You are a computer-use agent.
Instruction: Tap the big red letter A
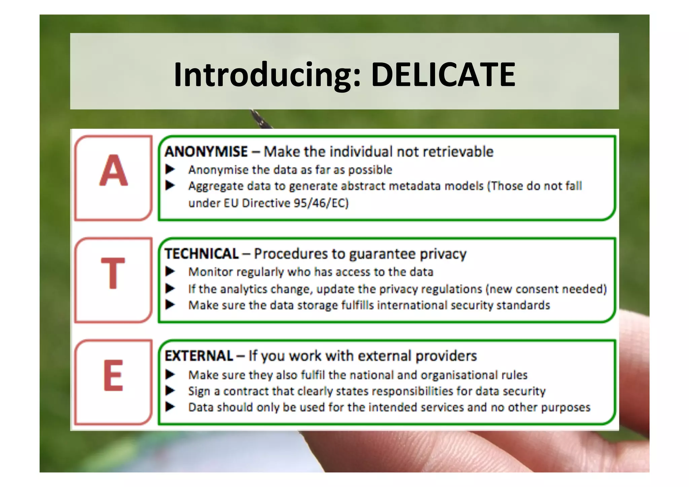point(113,171)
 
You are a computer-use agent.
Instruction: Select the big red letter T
point(113,273)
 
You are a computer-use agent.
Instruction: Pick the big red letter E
point(113,375)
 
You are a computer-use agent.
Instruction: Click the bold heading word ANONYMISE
point(206,152)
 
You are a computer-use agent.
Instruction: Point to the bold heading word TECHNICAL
point(202,254)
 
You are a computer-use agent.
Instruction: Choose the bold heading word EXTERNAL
point(199,356)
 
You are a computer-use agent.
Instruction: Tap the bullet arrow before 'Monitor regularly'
point(170,271)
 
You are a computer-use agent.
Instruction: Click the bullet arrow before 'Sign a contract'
point(170,391)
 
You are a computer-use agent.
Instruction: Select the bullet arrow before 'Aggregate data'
point(170,185)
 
